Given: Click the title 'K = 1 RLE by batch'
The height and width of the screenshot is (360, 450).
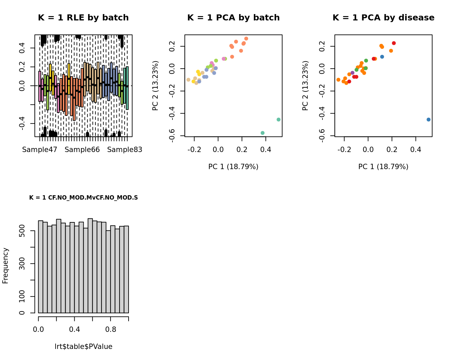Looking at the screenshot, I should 83,18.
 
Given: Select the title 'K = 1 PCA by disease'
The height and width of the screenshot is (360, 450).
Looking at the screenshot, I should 383,18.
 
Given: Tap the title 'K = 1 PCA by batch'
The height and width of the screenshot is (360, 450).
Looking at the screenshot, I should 233,18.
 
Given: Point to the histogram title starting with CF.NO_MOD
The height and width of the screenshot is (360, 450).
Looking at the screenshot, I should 83,198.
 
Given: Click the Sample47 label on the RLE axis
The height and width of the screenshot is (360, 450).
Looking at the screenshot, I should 40,150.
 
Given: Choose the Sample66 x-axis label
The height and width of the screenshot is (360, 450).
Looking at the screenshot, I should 82,150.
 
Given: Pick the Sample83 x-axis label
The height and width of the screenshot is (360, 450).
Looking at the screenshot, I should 125,150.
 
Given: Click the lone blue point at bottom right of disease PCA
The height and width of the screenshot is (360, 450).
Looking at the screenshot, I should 429,120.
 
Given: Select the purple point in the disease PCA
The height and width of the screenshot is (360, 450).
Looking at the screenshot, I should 352,73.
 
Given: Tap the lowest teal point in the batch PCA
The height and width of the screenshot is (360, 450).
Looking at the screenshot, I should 262,133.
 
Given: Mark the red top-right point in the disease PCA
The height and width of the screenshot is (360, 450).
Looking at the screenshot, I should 394,43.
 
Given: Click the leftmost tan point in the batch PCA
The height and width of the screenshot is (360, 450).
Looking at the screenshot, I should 188,80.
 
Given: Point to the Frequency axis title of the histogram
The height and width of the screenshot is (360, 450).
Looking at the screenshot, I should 5,266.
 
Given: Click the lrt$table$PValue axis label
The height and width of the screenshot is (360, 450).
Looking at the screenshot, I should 83,347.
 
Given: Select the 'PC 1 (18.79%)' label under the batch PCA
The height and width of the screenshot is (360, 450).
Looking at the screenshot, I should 233,167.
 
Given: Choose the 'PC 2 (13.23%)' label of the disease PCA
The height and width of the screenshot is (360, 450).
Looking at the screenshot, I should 305,85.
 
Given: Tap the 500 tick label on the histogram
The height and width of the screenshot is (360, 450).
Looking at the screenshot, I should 22,231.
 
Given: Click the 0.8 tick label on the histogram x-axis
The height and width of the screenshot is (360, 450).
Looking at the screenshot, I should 111,330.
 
